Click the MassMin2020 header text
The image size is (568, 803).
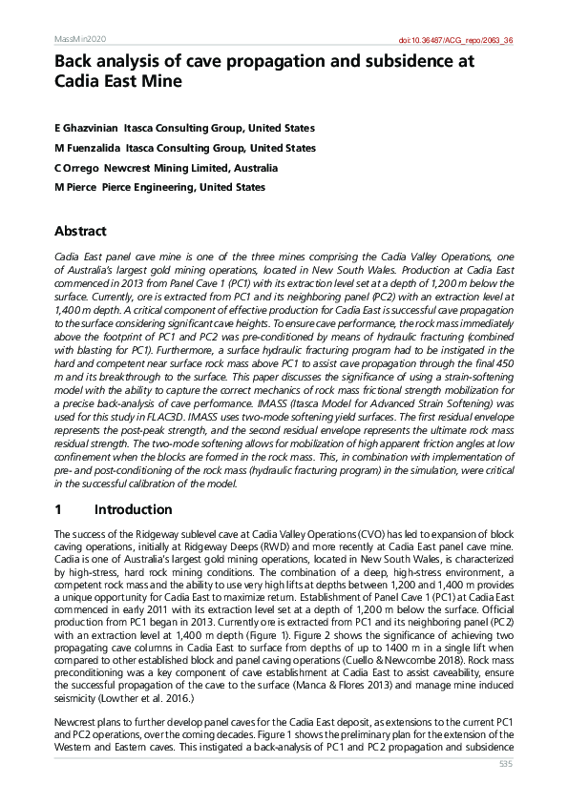[79, 39]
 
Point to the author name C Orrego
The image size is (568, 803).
[78, 168]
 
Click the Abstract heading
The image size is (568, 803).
[80, 232]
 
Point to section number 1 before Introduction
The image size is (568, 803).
[58, 510]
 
